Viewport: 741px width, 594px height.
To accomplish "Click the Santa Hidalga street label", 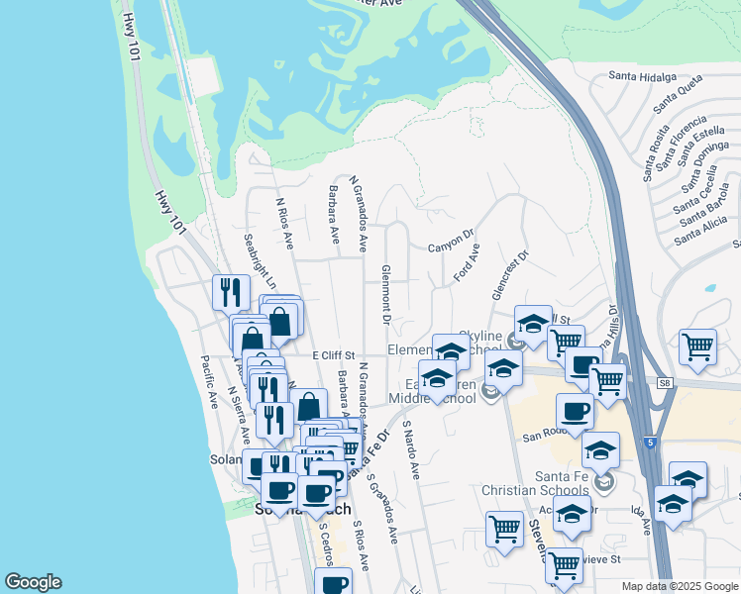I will [642, 76].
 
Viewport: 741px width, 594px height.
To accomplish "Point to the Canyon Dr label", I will [451, 242].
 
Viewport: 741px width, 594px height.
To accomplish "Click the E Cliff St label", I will [333, 354].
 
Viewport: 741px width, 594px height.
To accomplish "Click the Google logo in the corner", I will [33, 582].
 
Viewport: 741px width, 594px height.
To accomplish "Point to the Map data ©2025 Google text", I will [679, 586].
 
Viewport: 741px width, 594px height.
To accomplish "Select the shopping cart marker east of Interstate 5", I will [698, 347].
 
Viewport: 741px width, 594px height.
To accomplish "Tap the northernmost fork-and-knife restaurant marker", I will [231, 291].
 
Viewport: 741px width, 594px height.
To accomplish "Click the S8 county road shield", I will [663, 381].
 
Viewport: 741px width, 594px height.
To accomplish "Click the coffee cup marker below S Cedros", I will [335, 583].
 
